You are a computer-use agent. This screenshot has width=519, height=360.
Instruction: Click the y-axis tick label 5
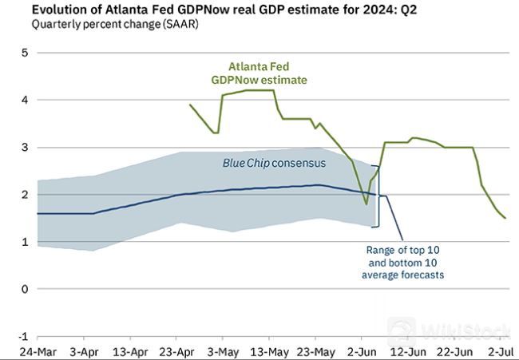point(25,53)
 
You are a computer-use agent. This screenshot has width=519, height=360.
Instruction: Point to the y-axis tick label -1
point(22,336)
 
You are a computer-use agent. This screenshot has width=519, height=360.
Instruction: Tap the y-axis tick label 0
point(25,289)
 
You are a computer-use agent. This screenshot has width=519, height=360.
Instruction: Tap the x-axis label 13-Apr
point(129,352)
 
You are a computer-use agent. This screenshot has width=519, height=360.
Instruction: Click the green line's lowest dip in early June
point(366,204)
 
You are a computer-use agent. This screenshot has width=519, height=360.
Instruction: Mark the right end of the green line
point(505,218)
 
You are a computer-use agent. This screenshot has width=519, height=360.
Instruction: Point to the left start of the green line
point(190,105)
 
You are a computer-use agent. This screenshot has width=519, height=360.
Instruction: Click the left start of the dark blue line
point(38,213)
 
